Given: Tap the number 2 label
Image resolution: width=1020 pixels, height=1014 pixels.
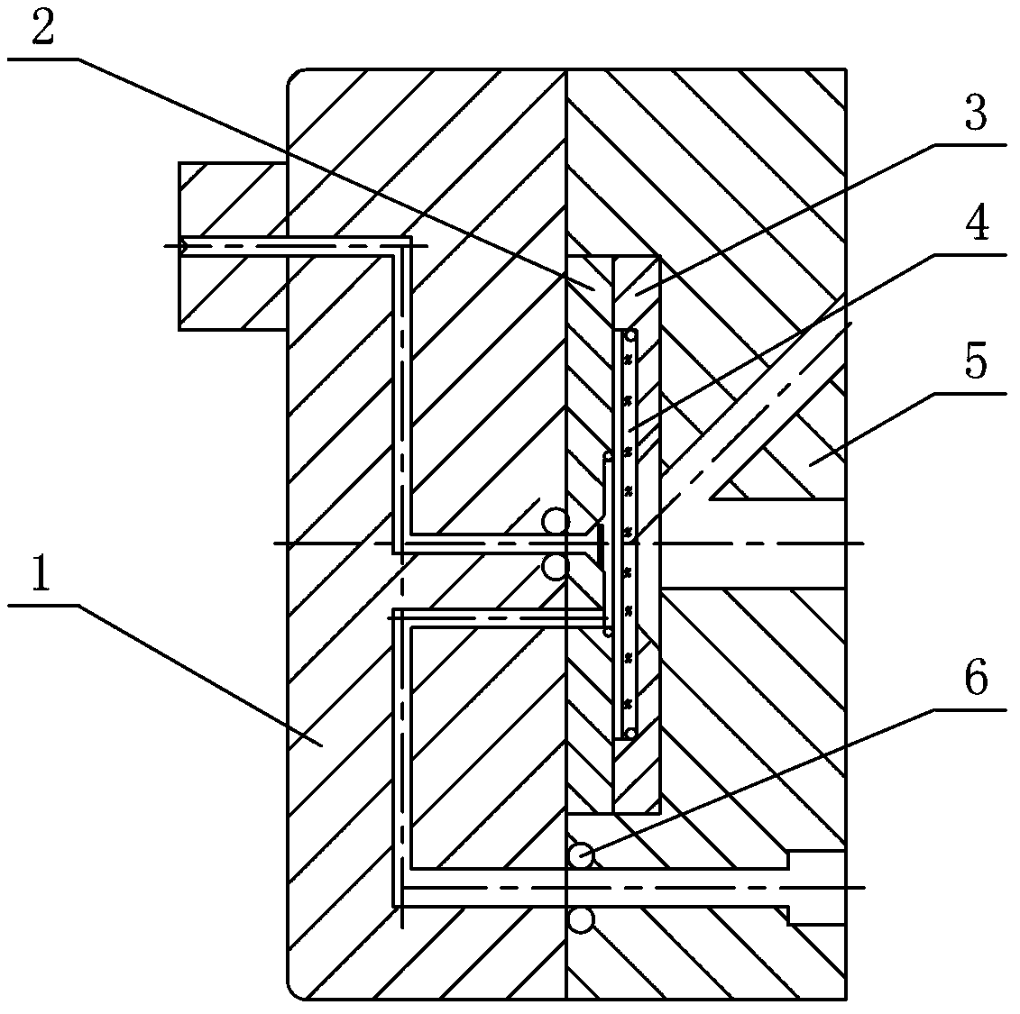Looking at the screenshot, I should (x=41, y=29).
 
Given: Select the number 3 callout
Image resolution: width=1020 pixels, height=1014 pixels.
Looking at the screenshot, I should (x=975, y=114).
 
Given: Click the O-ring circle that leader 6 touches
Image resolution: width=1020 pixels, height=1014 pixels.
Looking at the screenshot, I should (x=582, y=854).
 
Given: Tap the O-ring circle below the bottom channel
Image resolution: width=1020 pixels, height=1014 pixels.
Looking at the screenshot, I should (x=581, y=920).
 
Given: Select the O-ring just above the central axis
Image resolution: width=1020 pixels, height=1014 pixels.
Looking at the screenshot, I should (x=556, y=521).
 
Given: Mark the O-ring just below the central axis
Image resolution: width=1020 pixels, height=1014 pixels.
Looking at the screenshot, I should (x=556, y=566).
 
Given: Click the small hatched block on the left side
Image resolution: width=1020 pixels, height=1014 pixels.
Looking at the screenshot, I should (x=232, y=246).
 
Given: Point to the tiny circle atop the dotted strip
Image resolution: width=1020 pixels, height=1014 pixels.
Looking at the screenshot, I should (x=632, y=336).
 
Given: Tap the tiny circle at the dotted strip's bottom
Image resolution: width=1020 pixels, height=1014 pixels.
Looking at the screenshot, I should (x=632, y=731).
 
